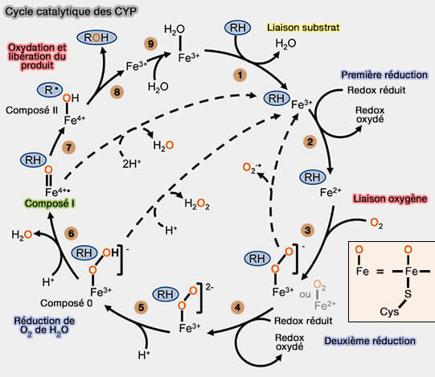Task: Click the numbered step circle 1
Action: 238,74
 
